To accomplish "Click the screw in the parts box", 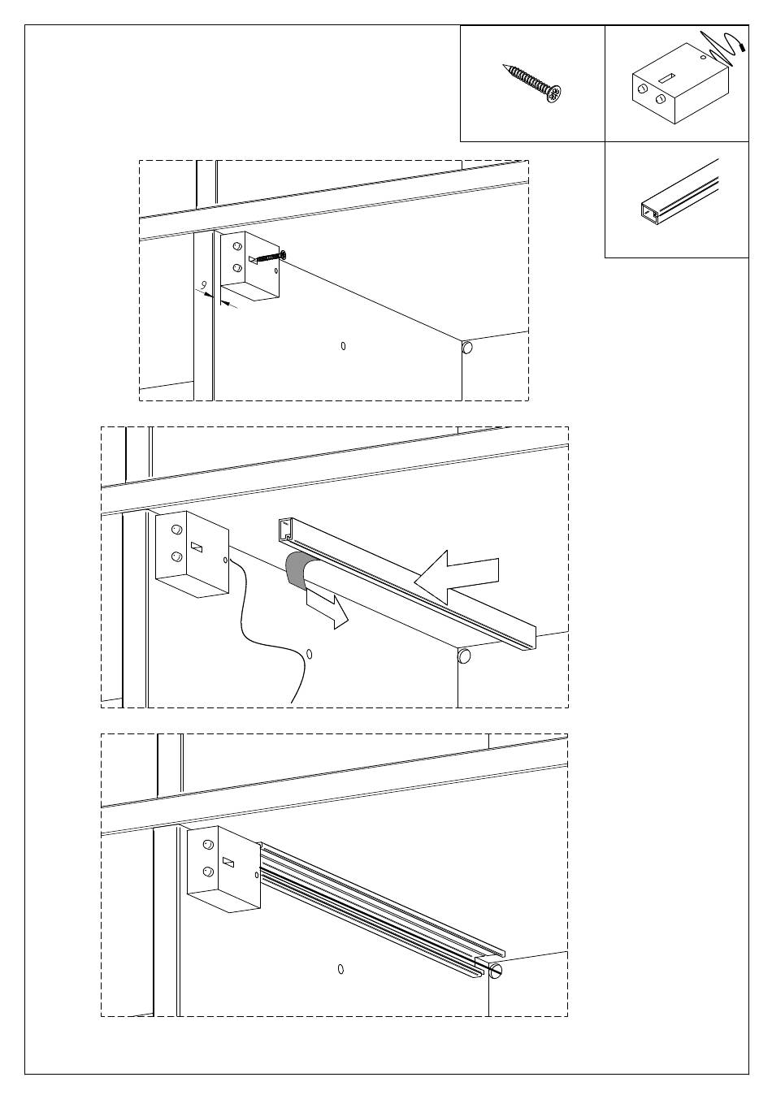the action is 532,83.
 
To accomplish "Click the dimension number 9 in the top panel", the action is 204,284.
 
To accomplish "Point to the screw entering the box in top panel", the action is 268,257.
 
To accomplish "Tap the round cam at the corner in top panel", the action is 466,348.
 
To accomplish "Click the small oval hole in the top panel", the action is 343,346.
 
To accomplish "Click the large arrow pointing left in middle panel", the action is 457,577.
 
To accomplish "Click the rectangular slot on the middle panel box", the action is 197,547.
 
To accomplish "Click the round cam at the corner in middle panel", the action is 464,656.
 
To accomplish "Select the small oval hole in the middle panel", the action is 309,654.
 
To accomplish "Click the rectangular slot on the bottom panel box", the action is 228,862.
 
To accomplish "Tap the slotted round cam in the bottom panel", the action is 496,970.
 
